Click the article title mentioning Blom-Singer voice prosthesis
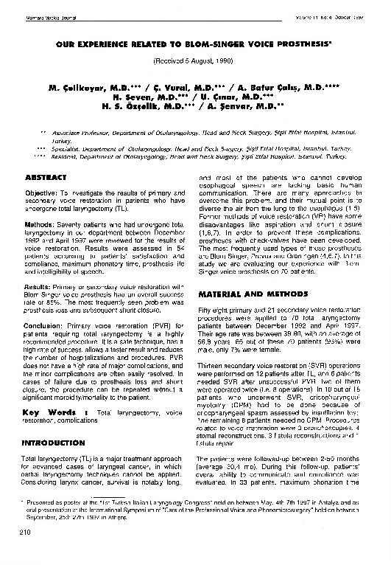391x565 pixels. [194, 44]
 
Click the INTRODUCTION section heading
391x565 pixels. [56, 443]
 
